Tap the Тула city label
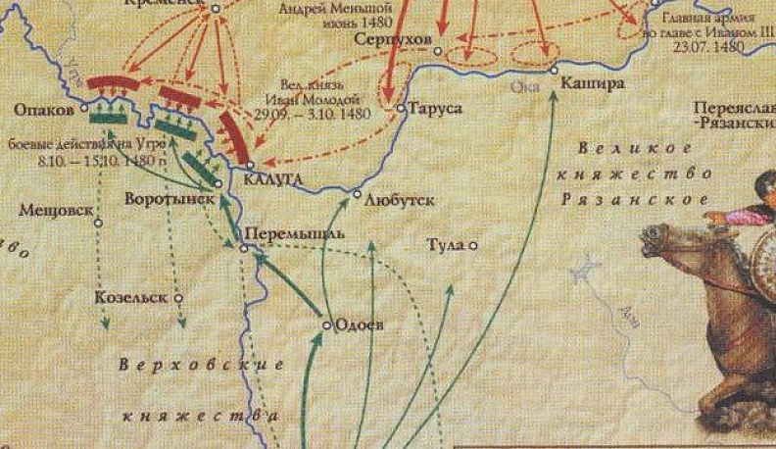click(447, 244)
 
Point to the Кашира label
click(593, 84)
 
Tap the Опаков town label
click(44, 105)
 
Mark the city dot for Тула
click(473, 245)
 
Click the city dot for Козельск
click(178, 296)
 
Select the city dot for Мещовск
click(98, 223)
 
